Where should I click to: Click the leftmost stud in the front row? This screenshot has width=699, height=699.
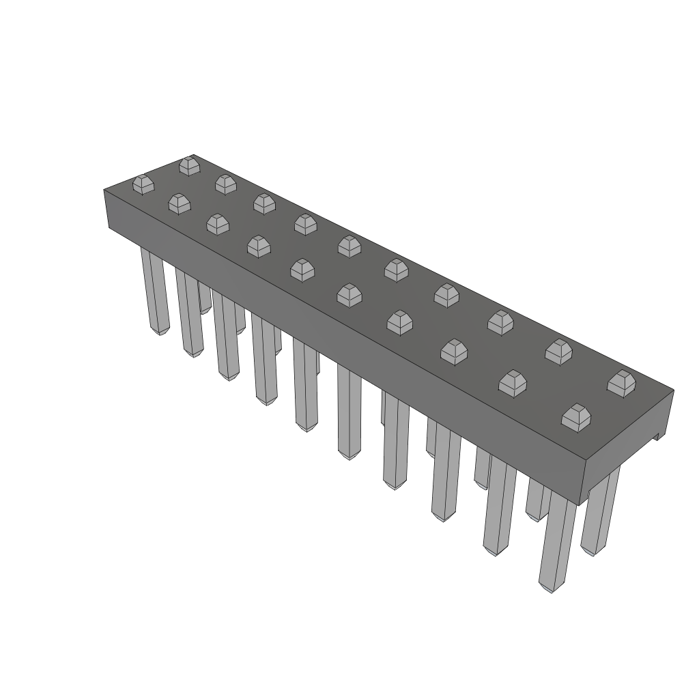click(x=143, y=184)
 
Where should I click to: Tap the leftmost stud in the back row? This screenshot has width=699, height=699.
click(x=189, y=166)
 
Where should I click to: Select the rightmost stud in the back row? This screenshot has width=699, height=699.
click(x=621, y=383)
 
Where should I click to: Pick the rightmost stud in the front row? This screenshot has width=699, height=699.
click(x=576, y=416)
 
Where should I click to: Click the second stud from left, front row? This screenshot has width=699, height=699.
click(x=179, y=203)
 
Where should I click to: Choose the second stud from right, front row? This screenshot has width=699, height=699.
click(x=512, y=383)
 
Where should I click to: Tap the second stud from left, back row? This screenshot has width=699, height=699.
click(x=225, y=184)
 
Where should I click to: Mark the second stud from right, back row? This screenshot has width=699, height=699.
click(x=558, y=352)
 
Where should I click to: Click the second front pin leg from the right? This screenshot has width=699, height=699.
click(x=499, y=505)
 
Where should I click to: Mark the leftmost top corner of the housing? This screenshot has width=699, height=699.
click(x=104, y=190)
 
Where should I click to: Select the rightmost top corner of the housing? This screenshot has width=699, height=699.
click(x=674, y=390)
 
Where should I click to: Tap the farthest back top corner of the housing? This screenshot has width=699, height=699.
click(x=193, y=155)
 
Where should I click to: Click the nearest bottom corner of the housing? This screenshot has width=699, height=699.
click(x=580, y=504)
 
